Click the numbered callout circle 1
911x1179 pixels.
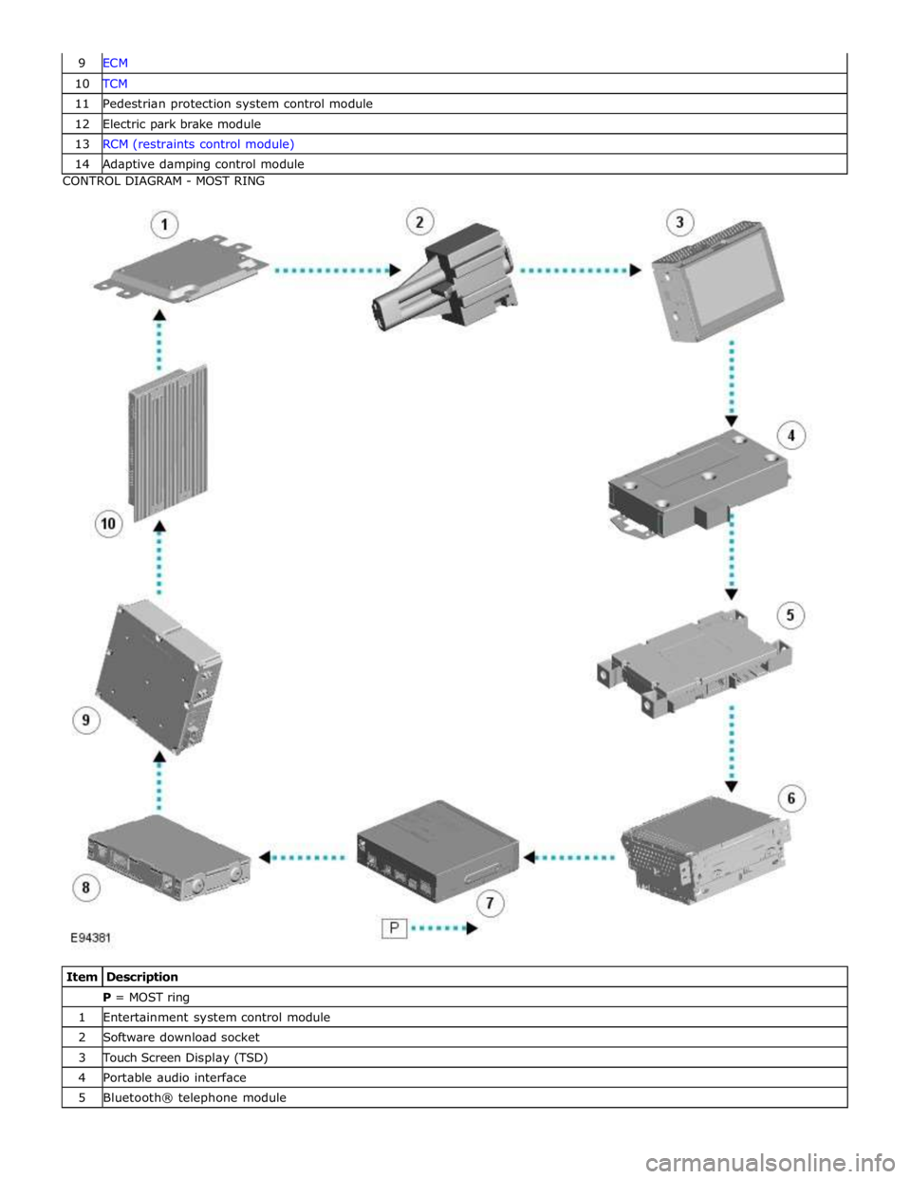(x=164, y=225)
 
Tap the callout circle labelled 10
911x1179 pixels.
(x=108, y=524)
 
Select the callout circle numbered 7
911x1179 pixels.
(x=491, y=904)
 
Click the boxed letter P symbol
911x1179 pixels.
(x=394, y=928)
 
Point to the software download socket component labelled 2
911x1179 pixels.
(x=445, y=276)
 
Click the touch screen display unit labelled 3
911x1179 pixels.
(x=717, y=281)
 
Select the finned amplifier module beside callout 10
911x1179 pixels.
(x=168, y=442)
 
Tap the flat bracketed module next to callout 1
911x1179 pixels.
(x=180, y=269)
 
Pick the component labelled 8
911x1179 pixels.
(x=169, y=857)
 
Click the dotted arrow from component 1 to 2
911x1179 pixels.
(x=337, y=270)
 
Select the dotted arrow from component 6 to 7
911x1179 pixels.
(x=569, y=857)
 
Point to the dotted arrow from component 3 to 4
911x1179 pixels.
(x=732, y=384)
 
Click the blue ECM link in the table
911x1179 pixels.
(x=115, y=63)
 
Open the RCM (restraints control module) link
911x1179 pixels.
(x=198, y=143)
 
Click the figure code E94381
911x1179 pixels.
(x=91, y=937)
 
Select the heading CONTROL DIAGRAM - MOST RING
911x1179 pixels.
(x=164, y=181)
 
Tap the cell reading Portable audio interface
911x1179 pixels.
(x=175, y=1077)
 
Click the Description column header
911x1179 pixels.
(x=142, y=977)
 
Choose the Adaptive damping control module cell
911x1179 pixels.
(x=203, y=164)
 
